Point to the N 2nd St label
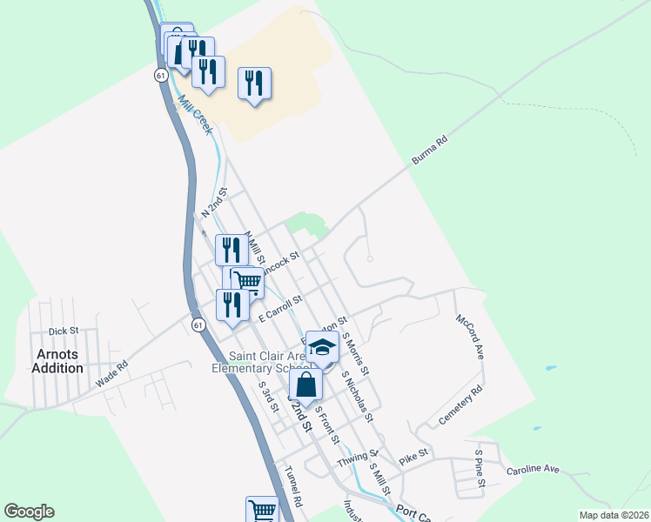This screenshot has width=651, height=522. point(214,202)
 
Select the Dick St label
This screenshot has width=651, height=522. point(64,331)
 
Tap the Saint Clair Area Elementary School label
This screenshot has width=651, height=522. point(269,362)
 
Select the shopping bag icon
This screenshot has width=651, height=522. point(305,384)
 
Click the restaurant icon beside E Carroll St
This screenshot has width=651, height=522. point(232,304)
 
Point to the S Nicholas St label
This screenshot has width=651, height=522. point(358,397)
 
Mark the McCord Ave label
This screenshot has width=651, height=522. point(470,337)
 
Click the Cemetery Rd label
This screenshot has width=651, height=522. point(460,406)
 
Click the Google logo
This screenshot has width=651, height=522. point(29,512)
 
